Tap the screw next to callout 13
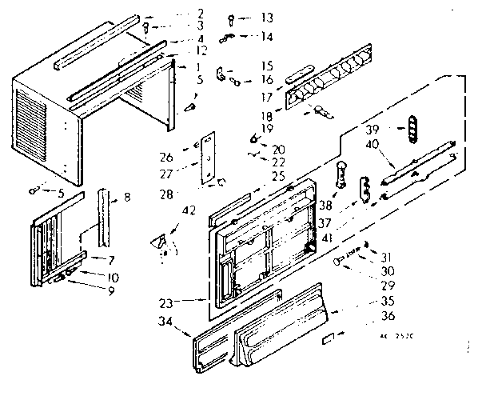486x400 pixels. click(230, 18)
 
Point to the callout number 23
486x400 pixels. click(189, 302)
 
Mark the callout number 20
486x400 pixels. click(278, 149)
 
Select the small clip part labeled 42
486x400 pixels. click(163, 241)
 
